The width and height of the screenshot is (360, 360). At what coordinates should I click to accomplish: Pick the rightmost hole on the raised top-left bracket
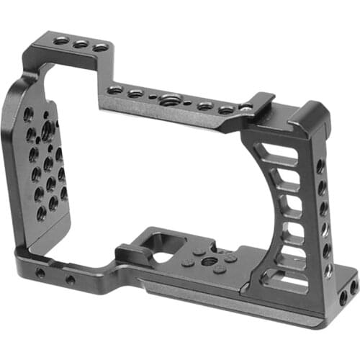click(100, 48)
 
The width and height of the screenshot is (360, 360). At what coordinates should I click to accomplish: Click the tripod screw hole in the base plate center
click(209, 261)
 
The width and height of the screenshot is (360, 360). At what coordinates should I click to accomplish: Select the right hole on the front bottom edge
click(70, 279)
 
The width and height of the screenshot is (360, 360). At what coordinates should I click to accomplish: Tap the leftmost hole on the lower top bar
click(115, 90)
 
